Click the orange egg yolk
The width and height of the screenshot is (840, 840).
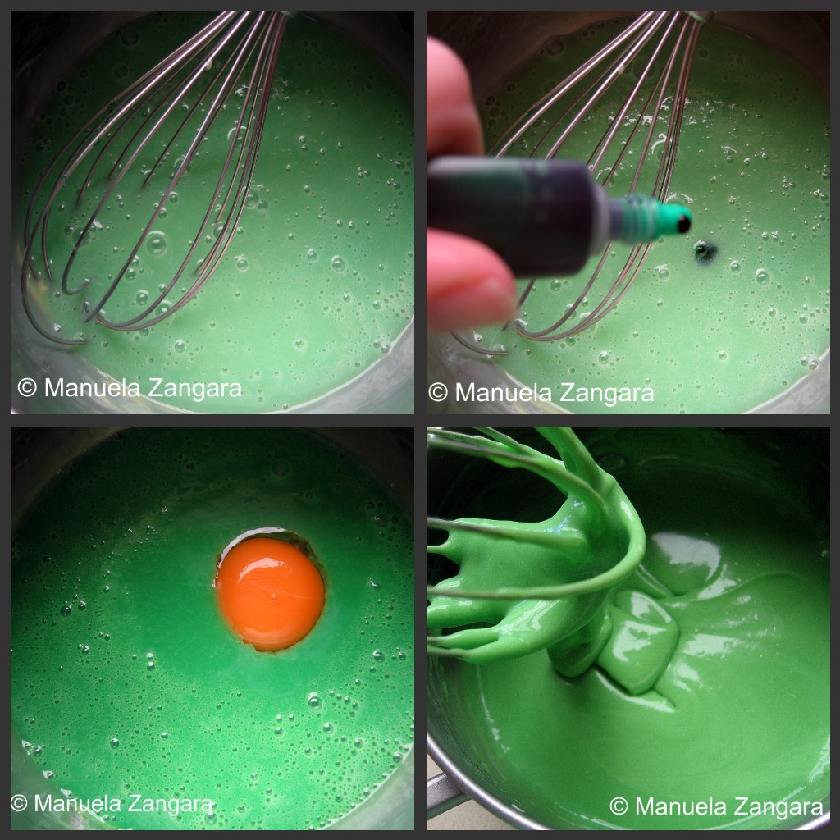pos(270,594)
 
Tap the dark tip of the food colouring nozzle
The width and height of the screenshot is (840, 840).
pos(684,223)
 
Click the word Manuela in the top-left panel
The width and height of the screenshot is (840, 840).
pos(93,387)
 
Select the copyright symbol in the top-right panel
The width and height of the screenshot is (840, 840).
pos(438,392)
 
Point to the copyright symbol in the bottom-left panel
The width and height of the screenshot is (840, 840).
pos(19,803)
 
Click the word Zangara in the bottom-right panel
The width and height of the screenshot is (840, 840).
pos(775,807)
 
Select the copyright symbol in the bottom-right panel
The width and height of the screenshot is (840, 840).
pos(619,806)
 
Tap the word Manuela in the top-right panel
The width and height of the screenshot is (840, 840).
pos(504,392)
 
